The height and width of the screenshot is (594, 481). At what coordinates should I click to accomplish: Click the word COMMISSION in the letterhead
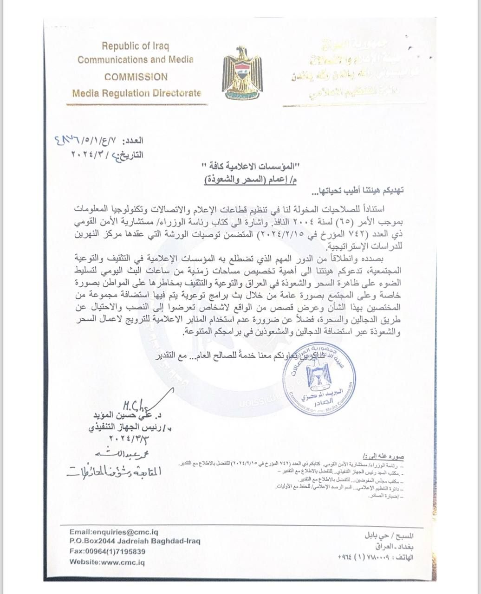point(136,77)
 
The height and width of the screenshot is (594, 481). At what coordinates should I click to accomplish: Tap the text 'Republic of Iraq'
point(136,46)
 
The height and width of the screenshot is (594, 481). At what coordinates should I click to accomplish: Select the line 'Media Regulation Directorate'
point(136,93)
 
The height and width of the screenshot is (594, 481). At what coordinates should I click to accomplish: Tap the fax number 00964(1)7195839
point(108,551)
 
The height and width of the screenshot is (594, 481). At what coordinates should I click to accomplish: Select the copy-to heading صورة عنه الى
point(388,457)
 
